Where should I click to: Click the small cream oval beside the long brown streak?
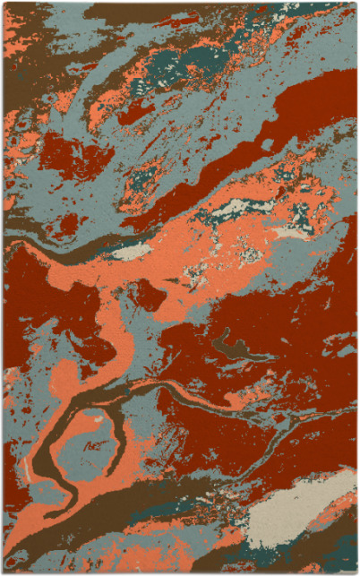(x=133, y=252)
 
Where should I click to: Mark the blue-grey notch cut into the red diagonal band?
(x=266, y=143)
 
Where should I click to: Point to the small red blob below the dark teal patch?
(x=134, y=112)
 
